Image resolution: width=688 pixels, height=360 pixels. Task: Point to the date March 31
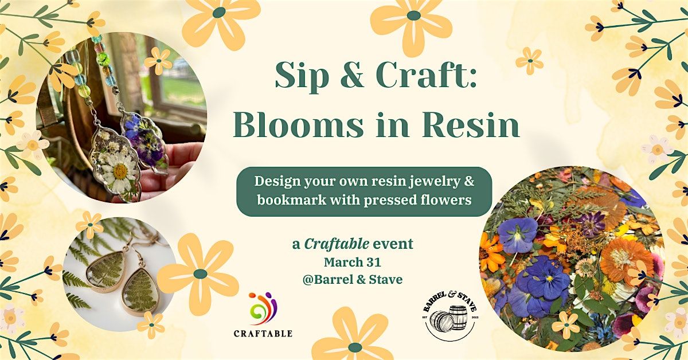click(x=352, y=262)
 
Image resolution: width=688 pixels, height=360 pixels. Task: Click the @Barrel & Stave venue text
click(x=352, y=280)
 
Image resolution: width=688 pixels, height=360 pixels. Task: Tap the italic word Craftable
click(x=337, y=244)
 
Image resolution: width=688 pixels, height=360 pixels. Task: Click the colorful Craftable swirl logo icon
click(x=263, y=308)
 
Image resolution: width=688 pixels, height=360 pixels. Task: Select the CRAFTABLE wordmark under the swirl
click(x=263, y=333)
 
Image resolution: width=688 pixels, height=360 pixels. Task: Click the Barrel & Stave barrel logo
click(x=450, y=316)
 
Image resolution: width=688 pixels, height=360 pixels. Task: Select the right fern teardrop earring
click(x=141, y=292)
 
